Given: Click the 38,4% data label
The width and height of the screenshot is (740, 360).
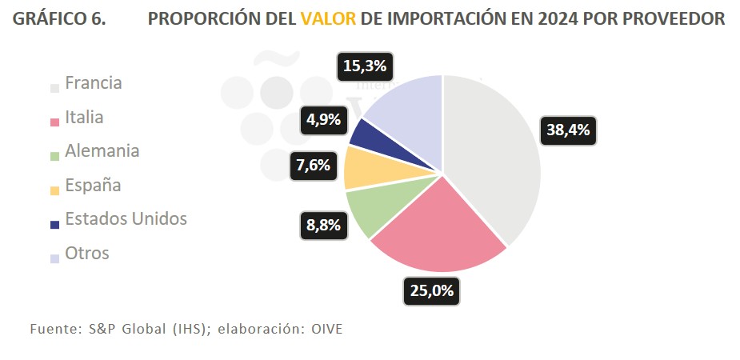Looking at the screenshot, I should tap(569, 130).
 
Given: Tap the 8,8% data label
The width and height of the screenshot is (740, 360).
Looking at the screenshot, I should tap(323, 225).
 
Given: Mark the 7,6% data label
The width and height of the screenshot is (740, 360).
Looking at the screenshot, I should tap(311, 166).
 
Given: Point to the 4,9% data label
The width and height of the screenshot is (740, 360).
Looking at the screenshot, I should tap(323, 120).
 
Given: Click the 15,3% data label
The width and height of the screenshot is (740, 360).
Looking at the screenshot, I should tap(365, 66).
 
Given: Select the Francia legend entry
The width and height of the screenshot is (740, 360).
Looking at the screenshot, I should tap(93, 82).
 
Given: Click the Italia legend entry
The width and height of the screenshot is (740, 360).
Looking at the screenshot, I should tap(83, 117).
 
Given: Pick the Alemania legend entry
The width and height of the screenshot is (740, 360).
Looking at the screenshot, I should tap(102, 150).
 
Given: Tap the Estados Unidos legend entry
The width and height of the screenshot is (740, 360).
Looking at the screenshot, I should tap(126, 218).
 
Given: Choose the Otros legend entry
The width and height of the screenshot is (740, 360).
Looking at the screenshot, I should tap(86, 253).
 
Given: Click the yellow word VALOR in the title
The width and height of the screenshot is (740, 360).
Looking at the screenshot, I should tap(329, 18).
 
